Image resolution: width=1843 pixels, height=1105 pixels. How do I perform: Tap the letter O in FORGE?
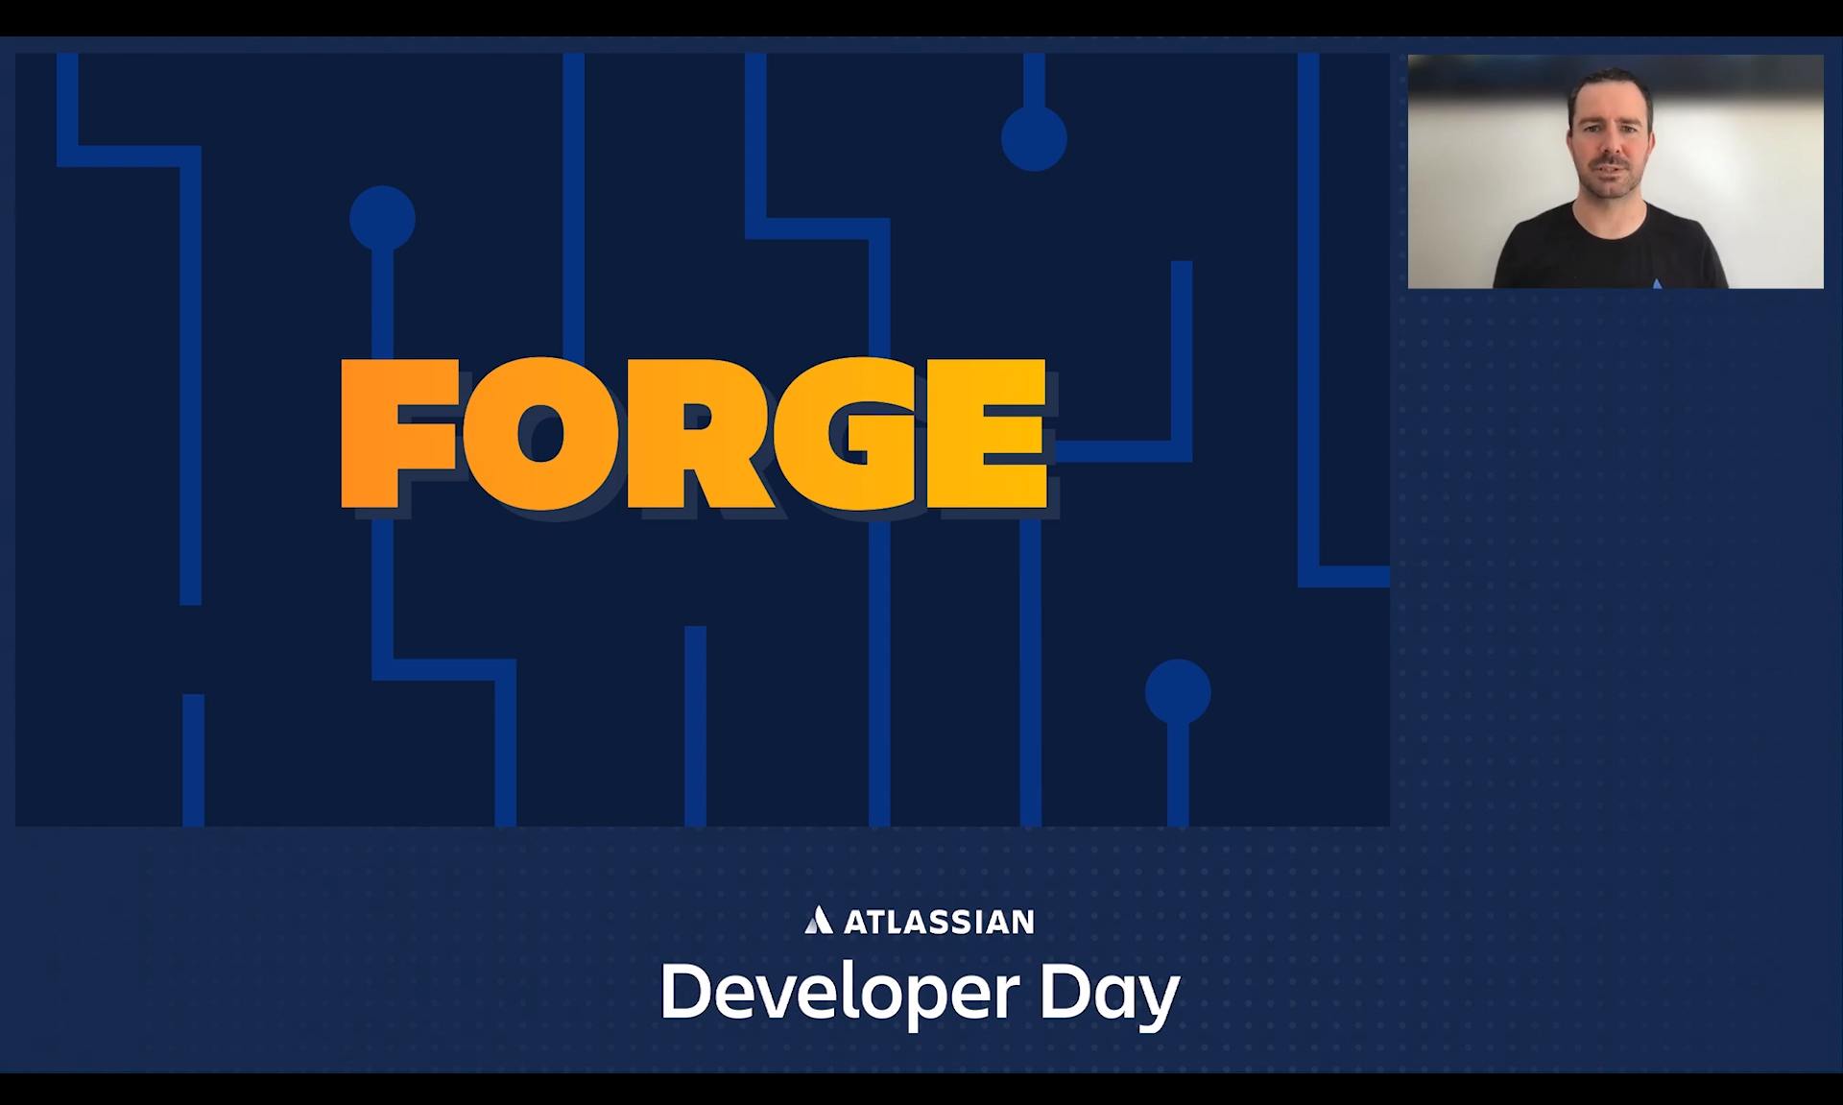click(x=541, y=433)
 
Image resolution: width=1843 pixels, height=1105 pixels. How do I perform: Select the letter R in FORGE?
click(x=699, y=433)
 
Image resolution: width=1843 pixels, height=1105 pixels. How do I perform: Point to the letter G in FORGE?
click(x=850, y=433)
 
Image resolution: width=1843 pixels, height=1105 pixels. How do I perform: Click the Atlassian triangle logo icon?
click(x=818, y=920)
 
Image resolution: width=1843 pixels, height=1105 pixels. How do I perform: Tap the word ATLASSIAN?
click(x=939, y=922)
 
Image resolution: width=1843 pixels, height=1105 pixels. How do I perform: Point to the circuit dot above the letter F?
click(x=382, y=219)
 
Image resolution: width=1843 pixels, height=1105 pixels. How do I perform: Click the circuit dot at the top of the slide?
click(x=1034, y=138)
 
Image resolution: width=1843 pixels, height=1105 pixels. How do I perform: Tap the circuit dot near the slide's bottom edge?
click(x=1178, y=692)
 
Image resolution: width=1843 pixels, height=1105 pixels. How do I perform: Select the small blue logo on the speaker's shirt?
click(x=1657, y=283)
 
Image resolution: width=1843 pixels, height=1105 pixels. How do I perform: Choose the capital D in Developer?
click(x=685, y=991)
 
